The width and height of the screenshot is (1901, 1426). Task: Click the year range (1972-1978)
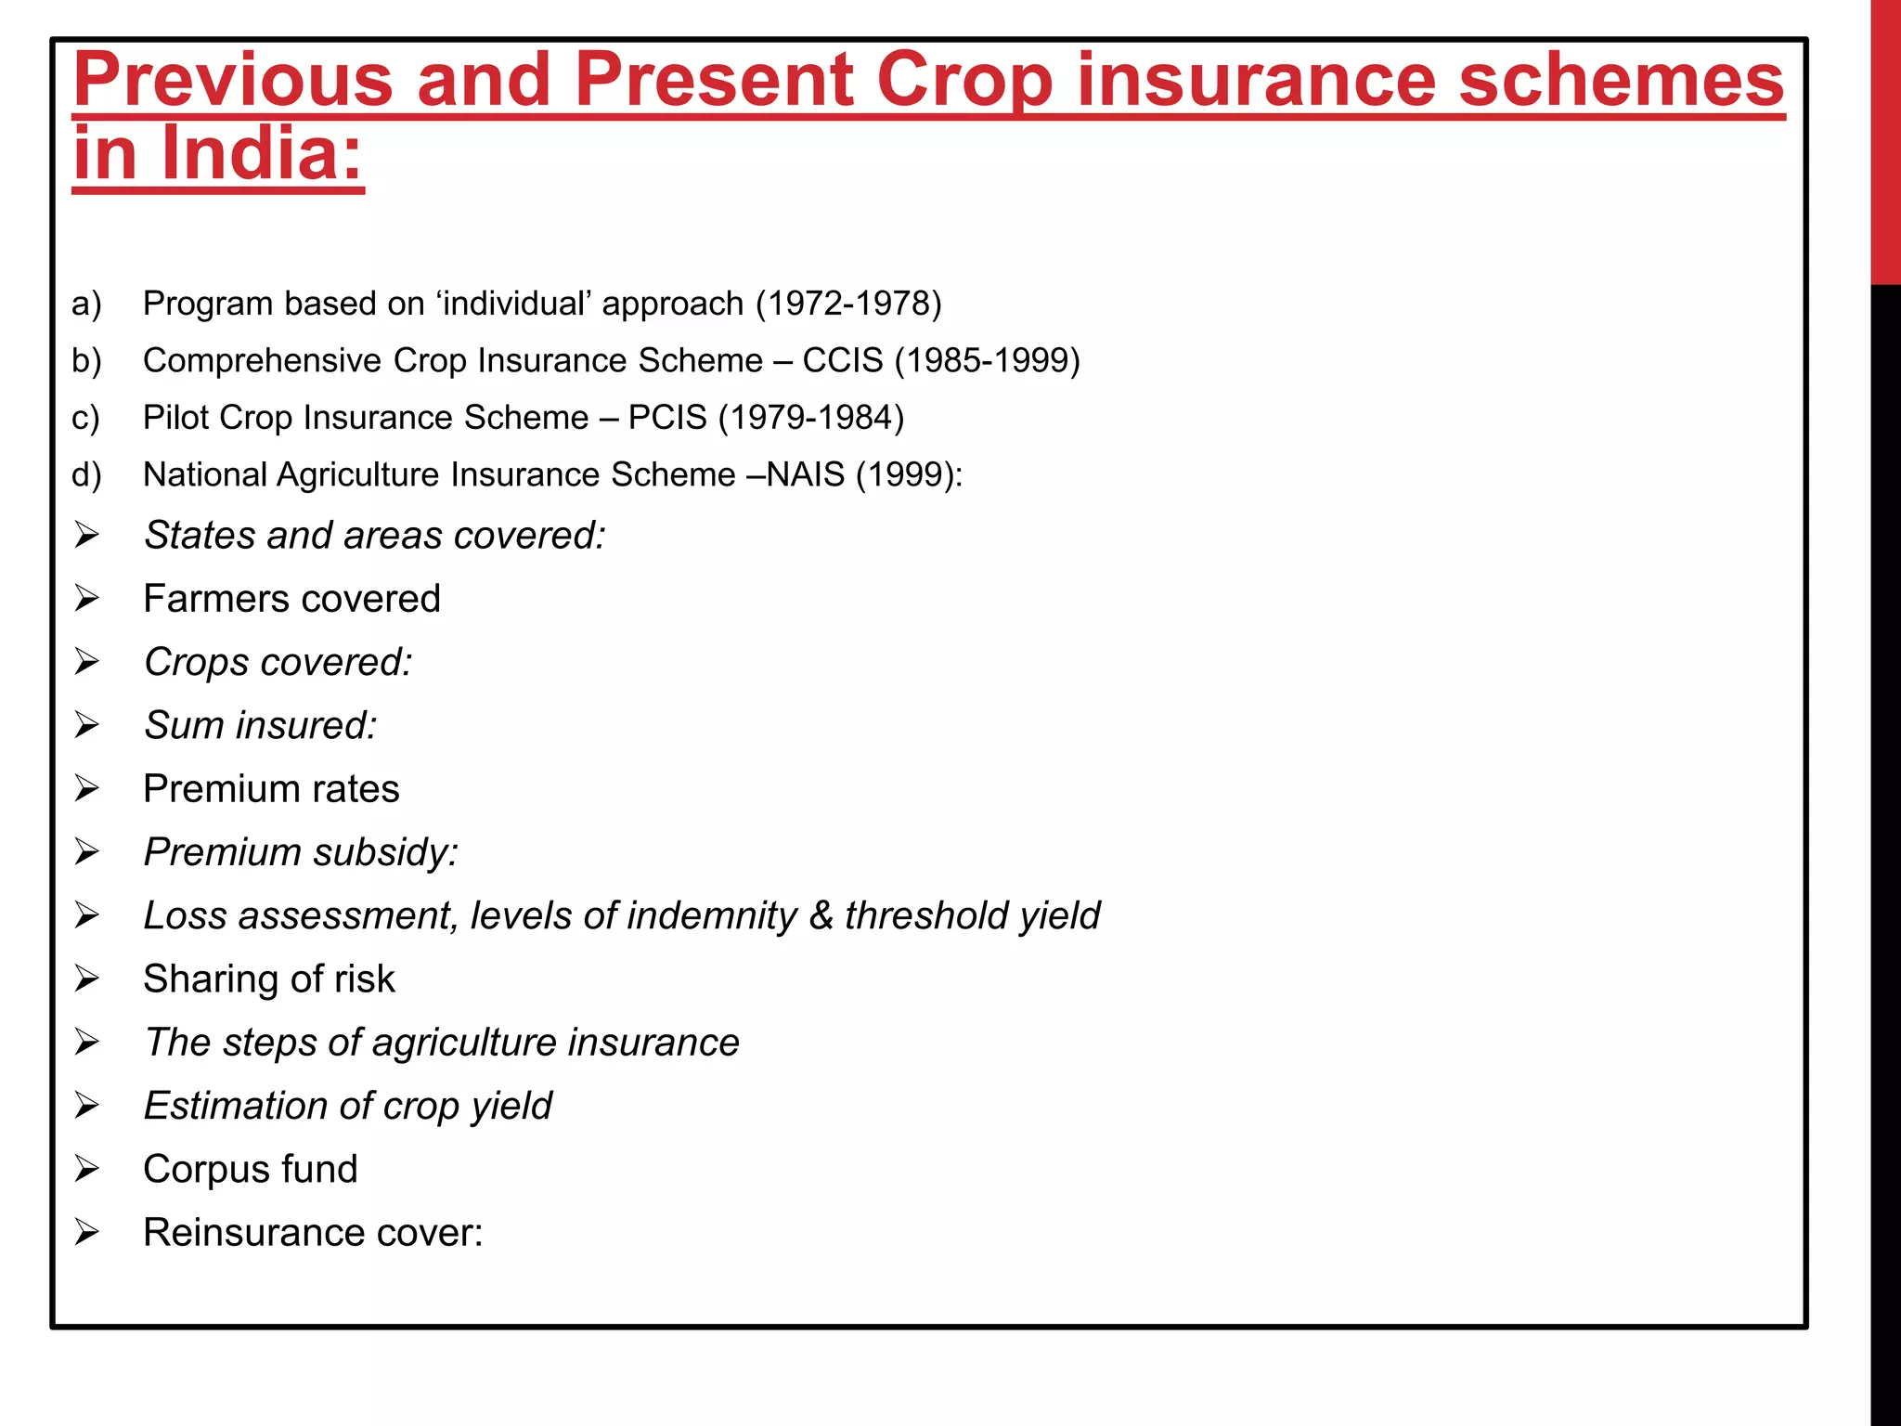point(848,304)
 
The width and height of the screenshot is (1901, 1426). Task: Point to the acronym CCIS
point(843,360)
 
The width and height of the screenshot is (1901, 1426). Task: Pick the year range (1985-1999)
point(988,360)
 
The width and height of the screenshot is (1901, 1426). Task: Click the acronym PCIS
point(667,418)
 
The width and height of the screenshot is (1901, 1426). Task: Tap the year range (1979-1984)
point(811,418)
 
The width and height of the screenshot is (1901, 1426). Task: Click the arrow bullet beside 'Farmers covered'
point(87,599)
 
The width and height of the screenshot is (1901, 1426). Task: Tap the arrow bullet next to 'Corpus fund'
point(87,1169)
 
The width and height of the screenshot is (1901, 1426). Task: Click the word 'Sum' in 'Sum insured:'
point(184,726)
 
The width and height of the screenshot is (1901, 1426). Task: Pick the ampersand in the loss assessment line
point(821,915)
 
